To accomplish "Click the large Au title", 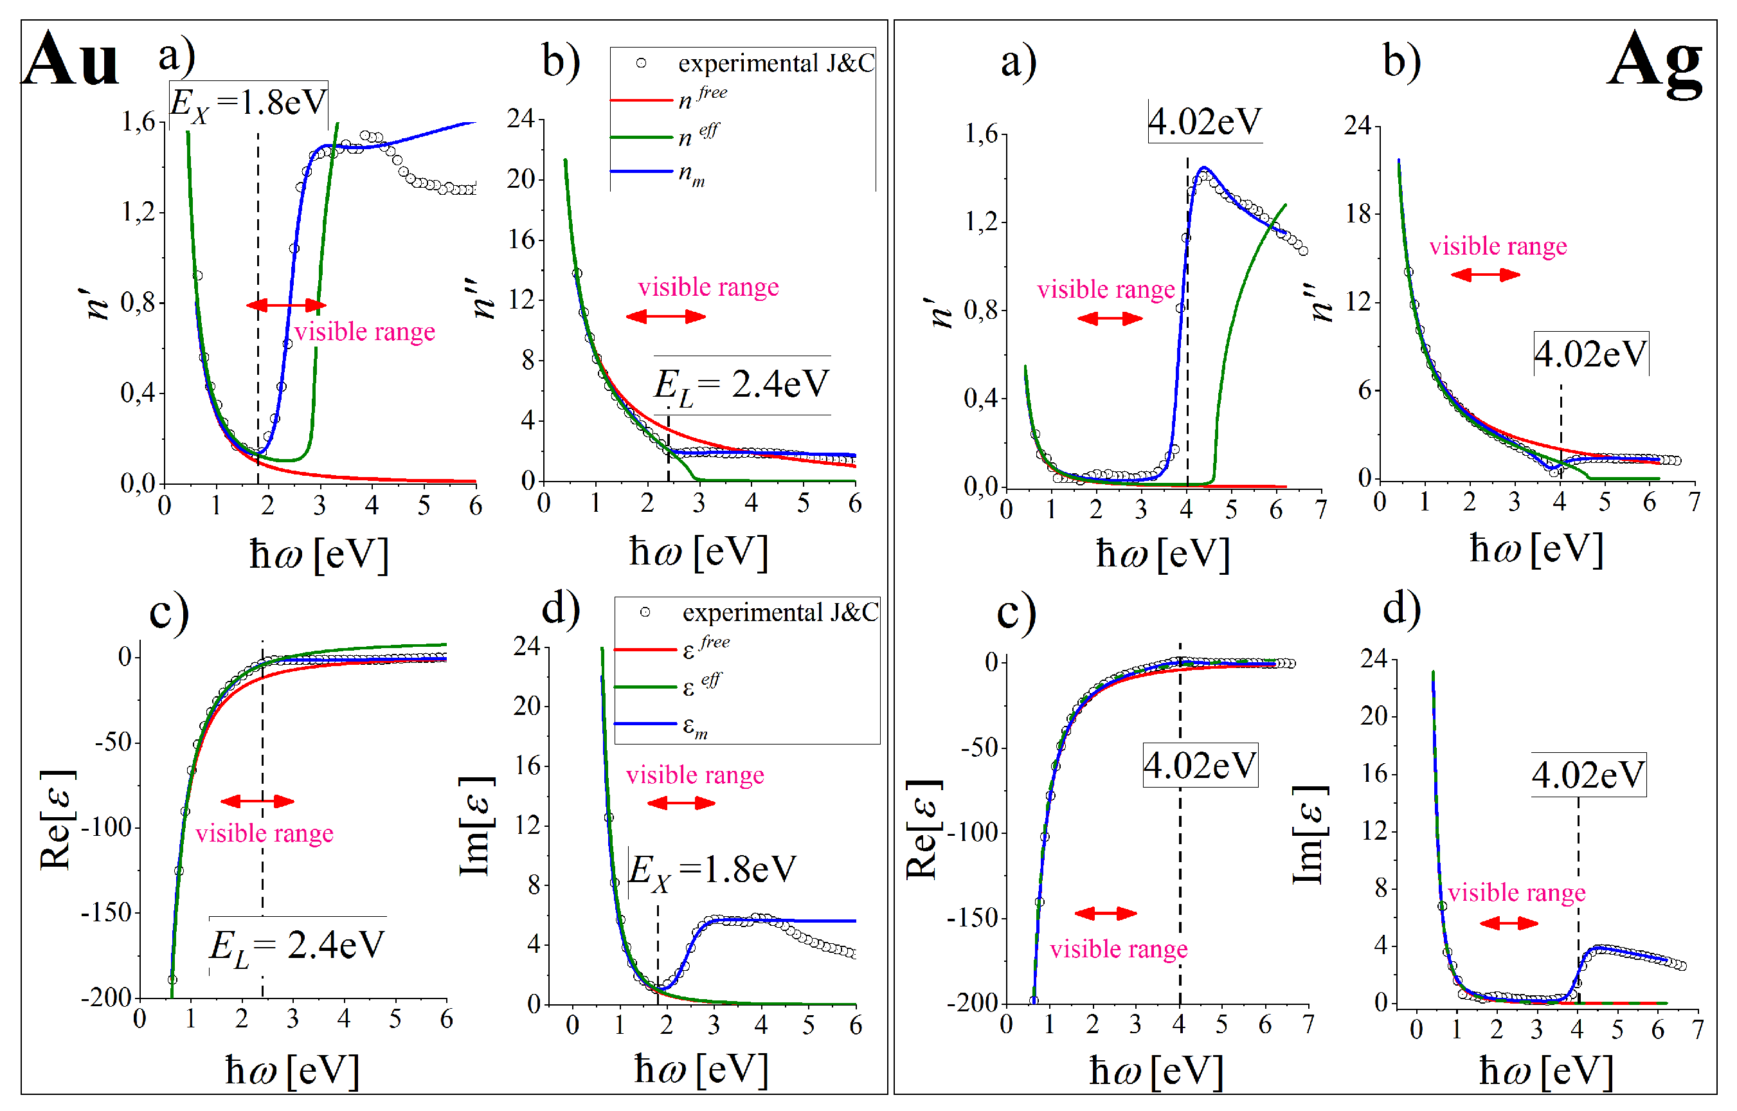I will (70, 59).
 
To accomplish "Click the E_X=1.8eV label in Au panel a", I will (248, 103).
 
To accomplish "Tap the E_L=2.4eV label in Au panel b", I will (742, 385).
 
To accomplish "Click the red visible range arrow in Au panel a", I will (285, 305).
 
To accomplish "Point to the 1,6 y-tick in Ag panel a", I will (981, 134).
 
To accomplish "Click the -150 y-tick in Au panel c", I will (106, 912).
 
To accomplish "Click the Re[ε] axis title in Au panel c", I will (57, 820).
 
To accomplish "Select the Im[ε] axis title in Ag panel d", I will (1308, 834).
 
